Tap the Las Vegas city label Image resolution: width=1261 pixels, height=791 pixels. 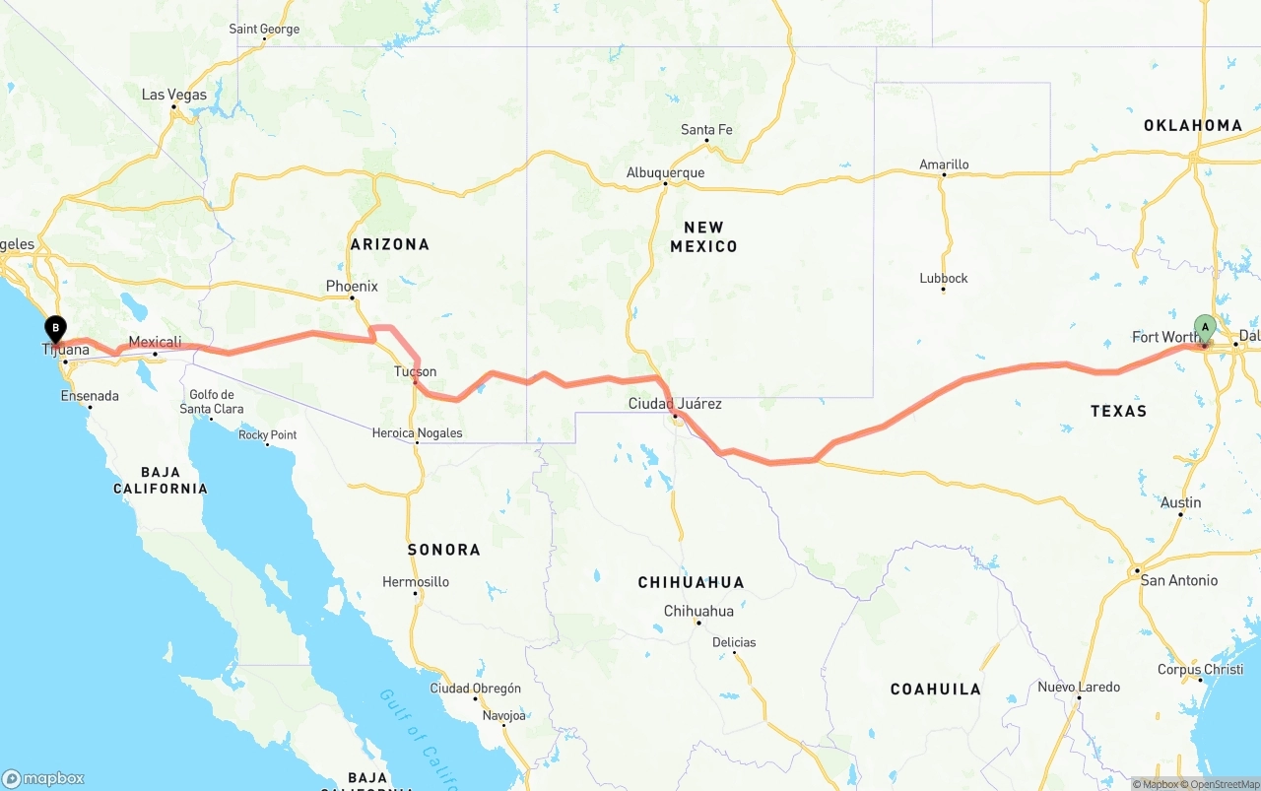(174, 96)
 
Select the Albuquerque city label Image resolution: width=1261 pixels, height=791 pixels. (665, 172)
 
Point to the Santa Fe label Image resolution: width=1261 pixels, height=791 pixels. (706, 130)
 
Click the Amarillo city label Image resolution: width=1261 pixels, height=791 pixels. (944, 165)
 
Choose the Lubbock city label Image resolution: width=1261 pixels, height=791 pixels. (944, 279)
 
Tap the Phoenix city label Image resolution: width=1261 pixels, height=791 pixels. (352, 287)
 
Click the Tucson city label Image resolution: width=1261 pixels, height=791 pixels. (415, 371)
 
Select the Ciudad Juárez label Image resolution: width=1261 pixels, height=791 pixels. (675, 404)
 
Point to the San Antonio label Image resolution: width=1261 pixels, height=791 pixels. (1178, 580)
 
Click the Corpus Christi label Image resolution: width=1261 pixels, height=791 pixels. (1200, 670)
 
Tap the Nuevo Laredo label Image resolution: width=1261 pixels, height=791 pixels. (1078, 687)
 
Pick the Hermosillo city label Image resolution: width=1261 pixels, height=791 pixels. (416, 582)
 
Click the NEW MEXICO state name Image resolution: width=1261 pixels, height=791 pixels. (703, 236)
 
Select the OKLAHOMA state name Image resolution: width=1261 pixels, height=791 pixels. (1193, 125)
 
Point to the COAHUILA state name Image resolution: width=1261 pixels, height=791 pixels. (935, 690)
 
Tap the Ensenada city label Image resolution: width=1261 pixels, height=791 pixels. (90, 396)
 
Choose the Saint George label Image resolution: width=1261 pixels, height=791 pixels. (264, 30)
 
